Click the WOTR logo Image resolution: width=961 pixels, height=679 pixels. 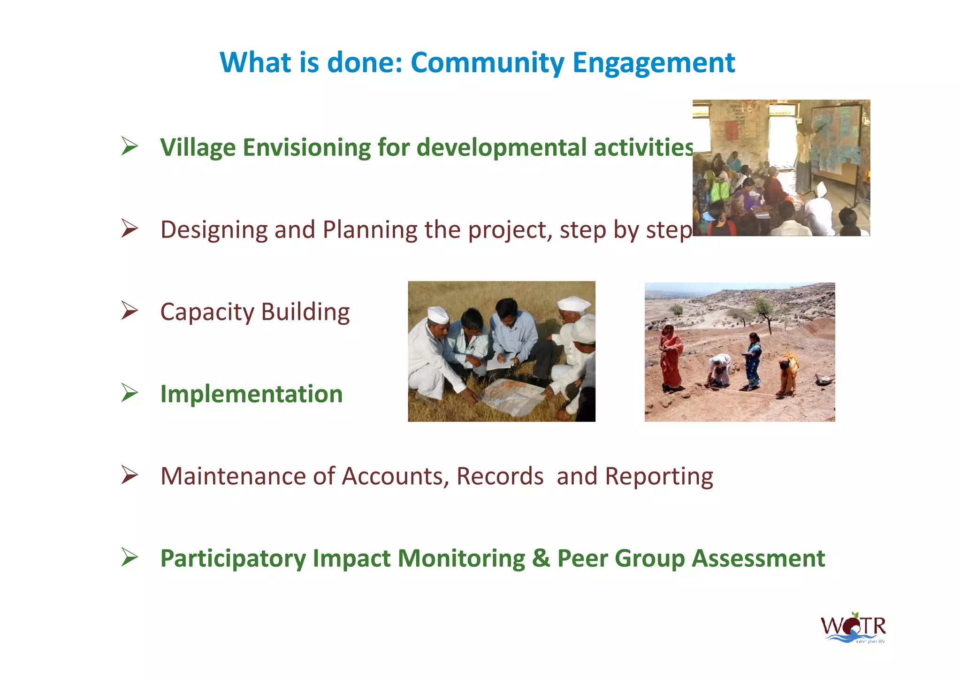(x=853, y=628)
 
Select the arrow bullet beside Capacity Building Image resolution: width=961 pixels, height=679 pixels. (x=129, y=311)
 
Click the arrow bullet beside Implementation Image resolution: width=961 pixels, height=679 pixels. (x=129, y=393)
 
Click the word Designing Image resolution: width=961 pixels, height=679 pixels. (x=214, y=230)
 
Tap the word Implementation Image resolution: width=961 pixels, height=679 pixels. (x=251, y=394)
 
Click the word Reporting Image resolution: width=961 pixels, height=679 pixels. (x=659, y=476)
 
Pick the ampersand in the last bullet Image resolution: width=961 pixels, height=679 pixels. (x=541, y=558)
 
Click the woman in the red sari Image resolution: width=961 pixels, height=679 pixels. (x=671, y=357)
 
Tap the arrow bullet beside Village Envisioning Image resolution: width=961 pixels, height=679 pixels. (x=129, y=146)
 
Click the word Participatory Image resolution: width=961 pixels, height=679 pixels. (x=233, y=558)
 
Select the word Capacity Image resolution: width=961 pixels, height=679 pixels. (x=206, y=312)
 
